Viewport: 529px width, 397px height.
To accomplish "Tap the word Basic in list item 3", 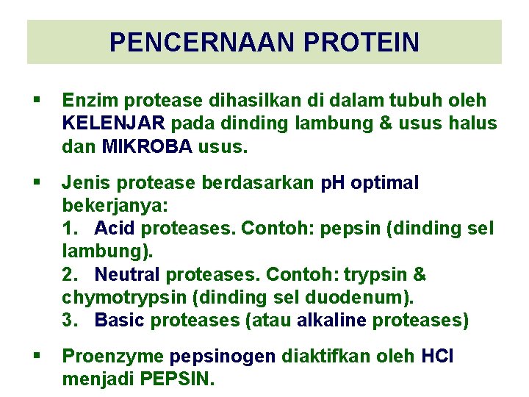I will (118, 321).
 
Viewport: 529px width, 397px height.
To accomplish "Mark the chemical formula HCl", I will (438, 357).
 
